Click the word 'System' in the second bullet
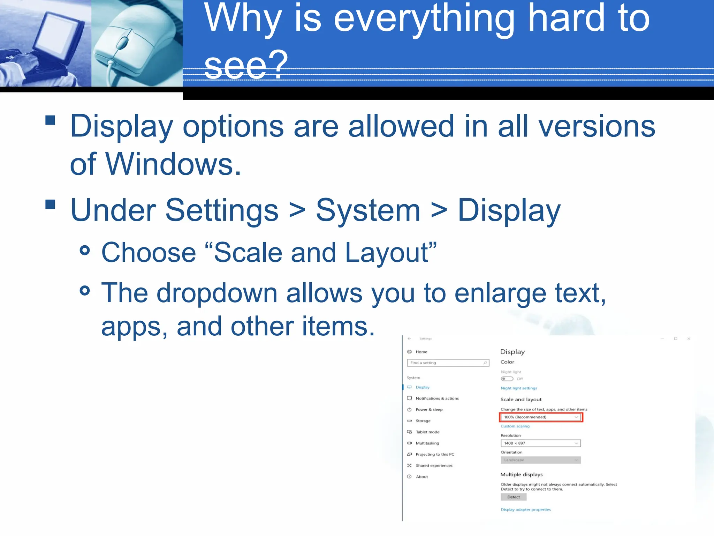(368, 210)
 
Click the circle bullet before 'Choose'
(85, 250)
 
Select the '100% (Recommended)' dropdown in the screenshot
(541, 417)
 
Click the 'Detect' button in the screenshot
(514, 497)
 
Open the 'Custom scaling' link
(515, 426)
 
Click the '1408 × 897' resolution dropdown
(541, 443)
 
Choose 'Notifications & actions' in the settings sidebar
(437, 399)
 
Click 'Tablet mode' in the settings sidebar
(427, 432)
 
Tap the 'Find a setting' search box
(448, 363)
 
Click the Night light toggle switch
(507, 379)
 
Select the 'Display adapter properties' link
(526, 510)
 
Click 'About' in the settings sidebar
(422, 477)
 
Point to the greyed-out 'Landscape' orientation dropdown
(541, 460)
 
